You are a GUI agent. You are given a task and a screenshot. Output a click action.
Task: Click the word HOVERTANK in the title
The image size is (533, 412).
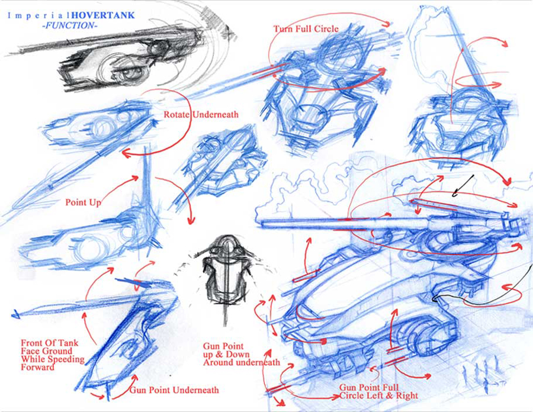pos(103,15)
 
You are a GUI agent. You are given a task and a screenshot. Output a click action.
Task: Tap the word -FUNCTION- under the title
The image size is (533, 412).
pos(70,25)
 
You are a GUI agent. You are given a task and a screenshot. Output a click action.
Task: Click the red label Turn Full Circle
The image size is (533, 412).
pos(306,29)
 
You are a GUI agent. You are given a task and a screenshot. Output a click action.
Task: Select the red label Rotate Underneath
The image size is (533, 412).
pos(201,114)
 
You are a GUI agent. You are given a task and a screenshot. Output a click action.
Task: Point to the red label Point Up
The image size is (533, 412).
pos(84,203)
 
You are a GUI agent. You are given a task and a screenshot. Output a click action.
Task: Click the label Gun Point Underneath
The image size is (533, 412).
pos(174,390)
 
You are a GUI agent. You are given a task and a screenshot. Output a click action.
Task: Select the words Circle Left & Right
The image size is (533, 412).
pos(378,395)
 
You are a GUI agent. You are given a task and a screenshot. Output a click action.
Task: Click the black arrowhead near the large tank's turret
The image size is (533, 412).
pos(455,194)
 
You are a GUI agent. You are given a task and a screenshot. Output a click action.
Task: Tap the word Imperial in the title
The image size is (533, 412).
pos(38,15)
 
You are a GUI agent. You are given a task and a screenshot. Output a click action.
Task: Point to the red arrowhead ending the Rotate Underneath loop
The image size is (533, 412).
pos(125,153)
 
